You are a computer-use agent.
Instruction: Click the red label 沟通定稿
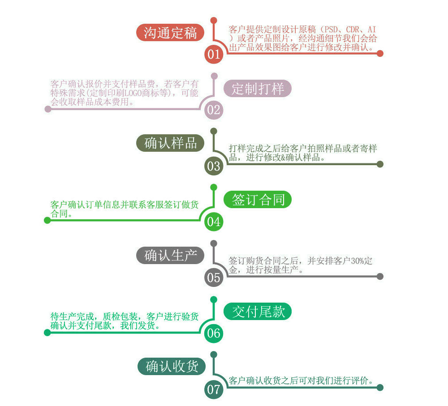[x=170, y=33]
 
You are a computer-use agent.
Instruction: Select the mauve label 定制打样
[x=258, y=88]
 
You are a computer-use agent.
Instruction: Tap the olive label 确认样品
[x=170, y=143]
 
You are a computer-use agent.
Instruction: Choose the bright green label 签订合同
[x=258, y=200]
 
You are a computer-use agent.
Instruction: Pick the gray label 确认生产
[x=170, y=255]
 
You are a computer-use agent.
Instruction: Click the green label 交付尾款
[x=258, y=312]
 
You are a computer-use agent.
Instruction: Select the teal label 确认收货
[x=172, y=367]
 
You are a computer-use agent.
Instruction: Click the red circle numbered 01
[x=214, y=55]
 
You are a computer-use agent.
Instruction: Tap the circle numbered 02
[x=214, y=110]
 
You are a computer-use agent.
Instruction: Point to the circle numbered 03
[x=214, y=166]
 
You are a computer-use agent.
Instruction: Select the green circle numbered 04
[x=214, y=222]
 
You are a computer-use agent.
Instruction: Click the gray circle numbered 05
[x=214, y=278]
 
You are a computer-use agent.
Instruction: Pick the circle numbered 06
[x=214, y=333]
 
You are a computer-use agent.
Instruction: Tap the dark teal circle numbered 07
[x=214, y=389]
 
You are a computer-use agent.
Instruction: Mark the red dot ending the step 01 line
[x=380, y=53]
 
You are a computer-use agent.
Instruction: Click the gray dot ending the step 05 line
[x=380, y=276]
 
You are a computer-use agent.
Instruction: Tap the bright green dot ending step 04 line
[x=47, y=220]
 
